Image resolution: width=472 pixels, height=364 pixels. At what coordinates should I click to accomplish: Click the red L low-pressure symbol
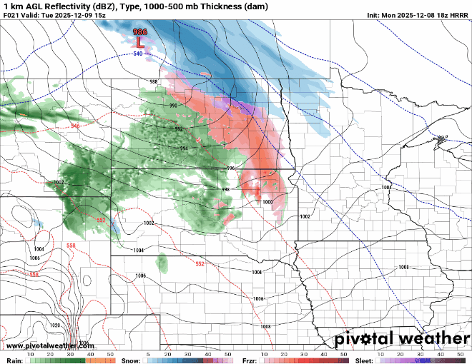point(139,42)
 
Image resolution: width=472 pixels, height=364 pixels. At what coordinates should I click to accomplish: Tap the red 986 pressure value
point(140,32)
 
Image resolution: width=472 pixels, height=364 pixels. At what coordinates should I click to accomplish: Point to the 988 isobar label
point(153,82)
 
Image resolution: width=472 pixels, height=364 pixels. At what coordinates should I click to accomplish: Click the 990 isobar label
point(173,106)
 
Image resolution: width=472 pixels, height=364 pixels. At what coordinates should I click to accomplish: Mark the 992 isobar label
point(179,129)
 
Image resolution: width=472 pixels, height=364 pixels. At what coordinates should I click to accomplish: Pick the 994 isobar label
point(184,148)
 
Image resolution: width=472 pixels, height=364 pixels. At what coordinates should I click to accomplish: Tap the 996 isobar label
point(230,168)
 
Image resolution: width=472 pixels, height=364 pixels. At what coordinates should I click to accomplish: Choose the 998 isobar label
point(225,189)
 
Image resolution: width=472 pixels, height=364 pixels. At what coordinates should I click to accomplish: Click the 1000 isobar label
point(267,202)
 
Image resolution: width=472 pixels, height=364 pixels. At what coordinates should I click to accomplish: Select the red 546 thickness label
point(76,126)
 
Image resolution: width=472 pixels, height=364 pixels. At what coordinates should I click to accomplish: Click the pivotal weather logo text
point(393,337)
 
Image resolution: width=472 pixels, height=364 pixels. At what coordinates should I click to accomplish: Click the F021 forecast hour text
point(13,14)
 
